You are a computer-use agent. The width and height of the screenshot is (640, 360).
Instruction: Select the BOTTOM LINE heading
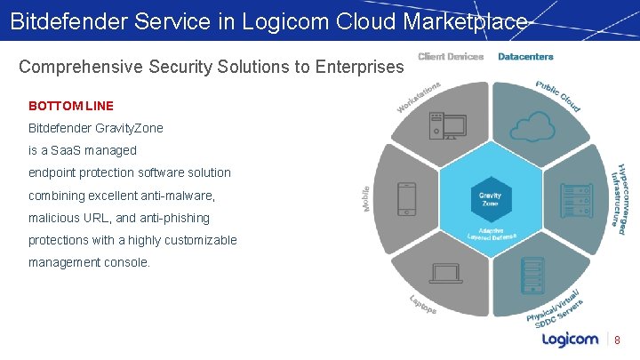coord(71,105)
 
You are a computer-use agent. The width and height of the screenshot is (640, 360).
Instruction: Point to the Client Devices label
coord(451,57)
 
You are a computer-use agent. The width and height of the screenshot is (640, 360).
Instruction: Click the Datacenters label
coord(525,57)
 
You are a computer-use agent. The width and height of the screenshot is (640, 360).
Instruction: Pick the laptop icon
coord(447,271)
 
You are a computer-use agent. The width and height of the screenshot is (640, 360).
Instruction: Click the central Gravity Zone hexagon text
coord(490,199)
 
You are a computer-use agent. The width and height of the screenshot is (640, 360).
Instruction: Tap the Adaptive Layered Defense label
coord(492,236)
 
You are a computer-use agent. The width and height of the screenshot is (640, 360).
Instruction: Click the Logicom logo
coord(570,339)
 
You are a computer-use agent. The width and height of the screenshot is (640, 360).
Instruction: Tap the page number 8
coord(617,340)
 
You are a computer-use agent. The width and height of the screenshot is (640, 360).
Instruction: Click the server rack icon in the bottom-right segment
coord(534,273)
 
